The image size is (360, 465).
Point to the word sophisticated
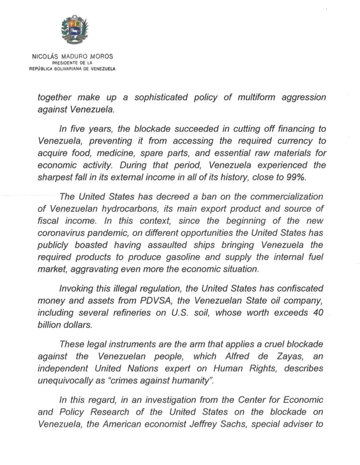160,97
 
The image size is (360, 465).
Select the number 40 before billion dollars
318,313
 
